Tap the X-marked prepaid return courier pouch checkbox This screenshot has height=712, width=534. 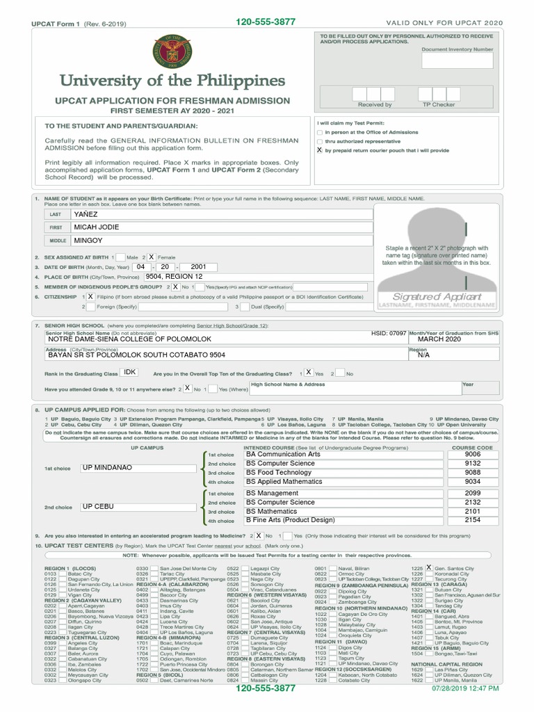pyautogui.click(x=320, y=149)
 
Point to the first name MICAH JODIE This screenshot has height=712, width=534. pyautogui.click(x=97, y=227)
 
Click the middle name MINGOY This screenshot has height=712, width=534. pyautogui.click(x=88, y=241)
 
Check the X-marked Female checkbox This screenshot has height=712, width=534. pyautogui.click(x=152, y=257)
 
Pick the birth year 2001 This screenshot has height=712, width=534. pyautogui.click(x=198, y=266)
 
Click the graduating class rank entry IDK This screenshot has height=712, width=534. pyautogui.click(x=130, y=373)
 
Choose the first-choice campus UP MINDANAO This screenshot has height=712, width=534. pyautogui.click(x=107, y=468)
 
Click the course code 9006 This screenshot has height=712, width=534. pyautogui.click(x=472, y=454)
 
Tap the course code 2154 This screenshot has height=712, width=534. pyautogui.click(x=472, y=520)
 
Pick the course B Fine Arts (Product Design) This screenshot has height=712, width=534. pyautogui.click(x=290, y=520)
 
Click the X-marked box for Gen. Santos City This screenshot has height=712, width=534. pyautogui.click(x=429, y=568)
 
